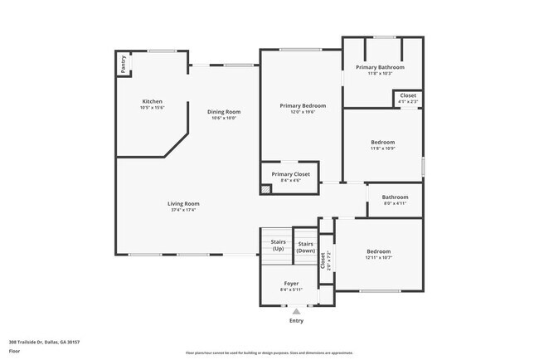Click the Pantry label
(124, 65)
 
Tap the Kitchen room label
(152, 101)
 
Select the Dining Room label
(224, 112)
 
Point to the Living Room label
(183, 203)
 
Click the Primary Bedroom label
(303, 105)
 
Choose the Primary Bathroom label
(380, 66)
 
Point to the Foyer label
(291, 283)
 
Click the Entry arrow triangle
(296, 311)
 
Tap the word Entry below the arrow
(296, 320)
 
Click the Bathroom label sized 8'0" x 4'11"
(395, 197)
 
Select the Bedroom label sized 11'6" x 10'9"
(382, 142)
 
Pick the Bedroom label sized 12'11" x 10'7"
(378, 251)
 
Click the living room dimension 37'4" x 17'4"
(183, 210)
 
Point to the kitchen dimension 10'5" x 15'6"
(152, 108)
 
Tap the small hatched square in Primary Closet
(265, 189)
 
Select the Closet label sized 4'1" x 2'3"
(408, 95)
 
